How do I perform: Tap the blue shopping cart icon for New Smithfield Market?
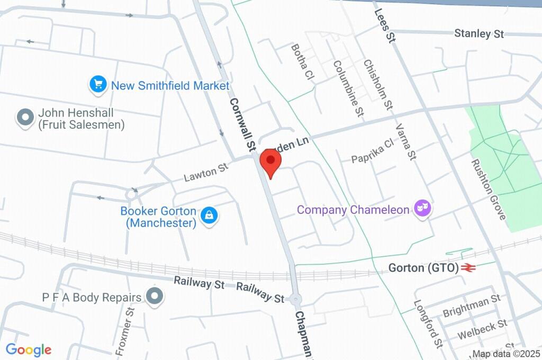coord(98,84)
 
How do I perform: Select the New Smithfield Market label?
coord(169,85)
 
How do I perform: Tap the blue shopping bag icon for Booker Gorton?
coord(210,215)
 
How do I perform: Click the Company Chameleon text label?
coord(353,210)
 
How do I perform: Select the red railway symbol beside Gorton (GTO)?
coord(467,268)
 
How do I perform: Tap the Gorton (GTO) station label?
coord(423,268)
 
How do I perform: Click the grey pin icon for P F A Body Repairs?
coord(155,296)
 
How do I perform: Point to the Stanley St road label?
coord(478,34)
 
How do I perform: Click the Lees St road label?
coord(385,25)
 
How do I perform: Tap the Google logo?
coord(29,350)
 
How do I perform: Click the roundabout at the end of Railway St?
coord(295,299)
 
